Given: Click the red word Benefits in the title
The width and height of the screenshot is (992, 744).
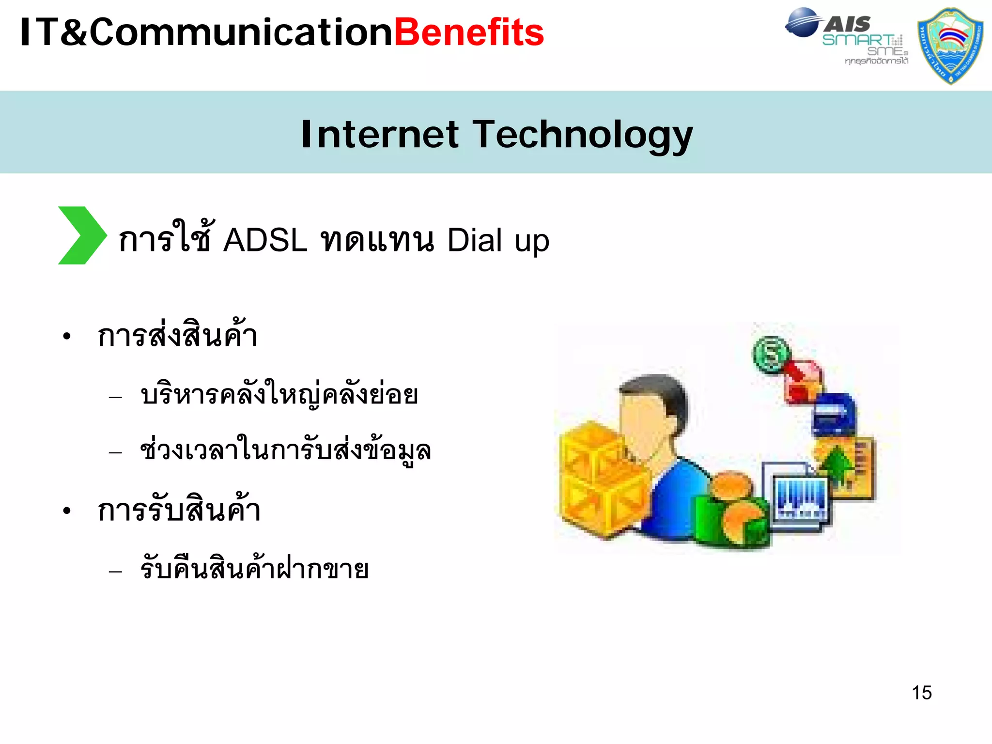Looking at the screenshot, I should click(x=469, y=33).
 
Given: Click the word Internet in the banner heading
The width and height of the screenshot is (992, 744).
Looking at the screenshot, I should click(x=379, y=135).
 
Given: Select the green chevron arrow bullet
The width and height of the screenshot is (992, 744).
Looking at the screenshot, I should click(x=81, y=235).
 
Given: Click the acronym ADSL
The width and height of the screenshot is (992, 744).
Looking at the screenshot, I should click(x=265, y=240).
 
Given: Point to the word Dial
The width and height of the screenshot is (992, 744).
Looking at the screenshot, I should click(x=475, y=240).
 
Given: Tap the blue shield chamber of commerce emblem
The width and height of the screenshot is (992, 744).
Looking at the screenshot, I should click(x=950, y=46).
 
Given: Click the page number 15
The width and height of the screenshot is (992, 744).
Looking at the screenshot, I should click(x=921, y=693).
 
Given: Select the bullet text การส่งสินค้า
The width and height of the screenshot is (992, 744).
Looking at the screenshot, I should click(x=177, y=335).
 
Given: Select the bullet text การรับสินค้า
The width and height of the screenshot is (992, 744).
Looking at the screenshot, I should click(x=179, y=510).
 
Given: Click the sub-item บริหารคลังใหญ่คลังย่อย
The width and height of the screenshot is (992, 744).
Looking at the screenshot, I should click(x=279, y=395).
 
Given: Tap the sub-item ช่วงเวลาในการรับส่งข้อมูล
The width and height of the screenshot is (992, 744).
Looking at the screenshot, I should click(x=285, y=451).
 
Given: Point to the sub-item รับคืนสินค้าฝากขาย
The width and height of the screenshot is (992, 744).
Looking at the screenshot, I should click(x=254, y=569).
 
